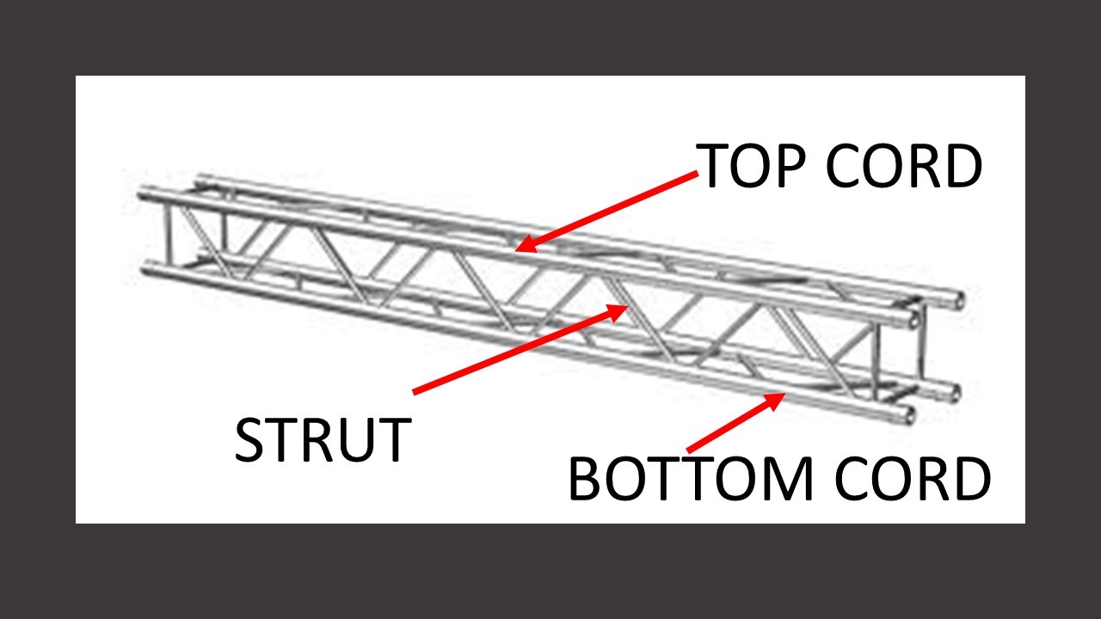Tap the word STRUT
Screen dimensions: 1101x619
[322, 440]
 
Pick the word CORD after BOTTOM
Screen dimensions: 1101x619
[913, 479]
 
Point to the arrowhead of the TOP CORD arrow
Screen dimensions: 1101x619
[520, 250]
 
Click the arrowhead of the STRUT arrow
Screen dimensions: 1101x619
[625, 307]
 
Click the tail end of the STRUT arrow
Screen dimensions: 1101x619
[415, 393]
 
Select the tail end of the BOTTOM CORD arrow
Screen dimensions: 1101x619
[688, 450]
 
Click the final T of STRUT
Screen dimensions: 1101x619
[391, 440]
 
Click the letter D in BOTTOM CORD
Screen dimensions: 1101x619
[970, 479]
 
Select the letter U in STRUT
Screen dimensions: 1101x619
[354, 440]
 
